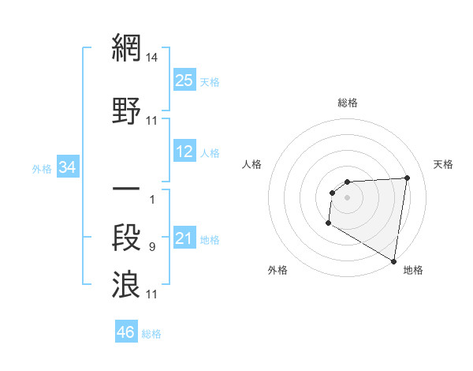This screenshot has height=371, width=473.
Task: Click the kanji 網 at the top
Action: tap(126, 48)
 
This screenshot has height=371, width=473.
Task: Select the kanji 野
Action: tap(126, 111)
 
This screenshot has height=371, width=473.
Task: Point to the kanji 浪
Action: tap(126, 284)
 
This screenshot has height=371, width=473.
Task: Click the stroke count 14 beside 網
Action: tap(152, 58)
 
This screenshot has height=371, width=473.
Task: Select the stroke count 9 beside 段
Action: tap(151, 247)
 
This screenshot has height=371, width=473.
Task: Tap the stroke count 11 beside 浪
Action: tap(152, 294)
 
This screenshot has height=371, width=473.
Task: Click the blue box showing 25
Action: tap(184, 81)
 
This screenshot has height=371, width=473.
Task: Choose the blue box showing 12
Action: tap(184, 152)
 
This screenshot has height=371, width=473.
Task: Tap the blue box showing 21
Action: tap(184, 238)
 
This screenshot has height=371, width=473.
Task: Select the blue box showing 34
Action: tap(68, 167)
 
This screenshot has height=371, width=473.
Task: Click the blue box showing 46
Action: tap(126, 332)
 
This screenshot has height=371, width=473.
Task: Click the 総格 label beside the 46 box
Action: tap(151, 334)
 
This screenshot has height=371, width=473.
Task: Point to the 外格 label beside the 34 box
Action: tap(42, 168)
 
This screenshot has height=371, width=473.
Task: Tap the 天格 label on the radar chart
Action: tap(443, 164)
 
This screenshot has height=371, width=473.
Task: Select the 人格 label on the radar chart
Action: tap(252, 164)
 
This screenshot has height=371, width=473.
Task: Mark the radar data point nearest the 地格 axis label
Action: tap(393, 261)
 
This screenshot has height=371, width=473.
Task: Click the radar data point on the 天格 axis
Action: tap(407, 178)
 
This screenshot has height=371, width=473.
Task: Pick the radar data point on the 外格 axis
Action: tap(328, 223)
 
